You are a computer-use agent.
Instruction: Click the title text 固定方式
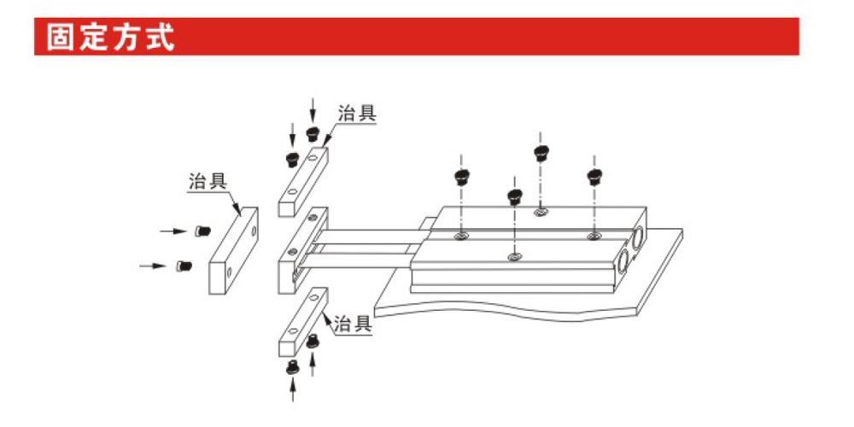point(110,38)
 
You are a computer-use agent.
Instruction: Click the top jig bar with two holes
point(304,181)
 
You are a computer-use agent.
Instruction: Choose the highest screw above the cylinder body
point(540,153)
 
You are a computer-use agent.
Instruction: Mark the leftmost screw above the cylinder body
point(462,178)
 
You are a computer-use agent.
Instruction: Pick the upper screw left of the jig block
point(202,231)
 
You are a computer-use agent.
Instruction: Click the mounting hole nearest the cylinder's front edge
point(513,256)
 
